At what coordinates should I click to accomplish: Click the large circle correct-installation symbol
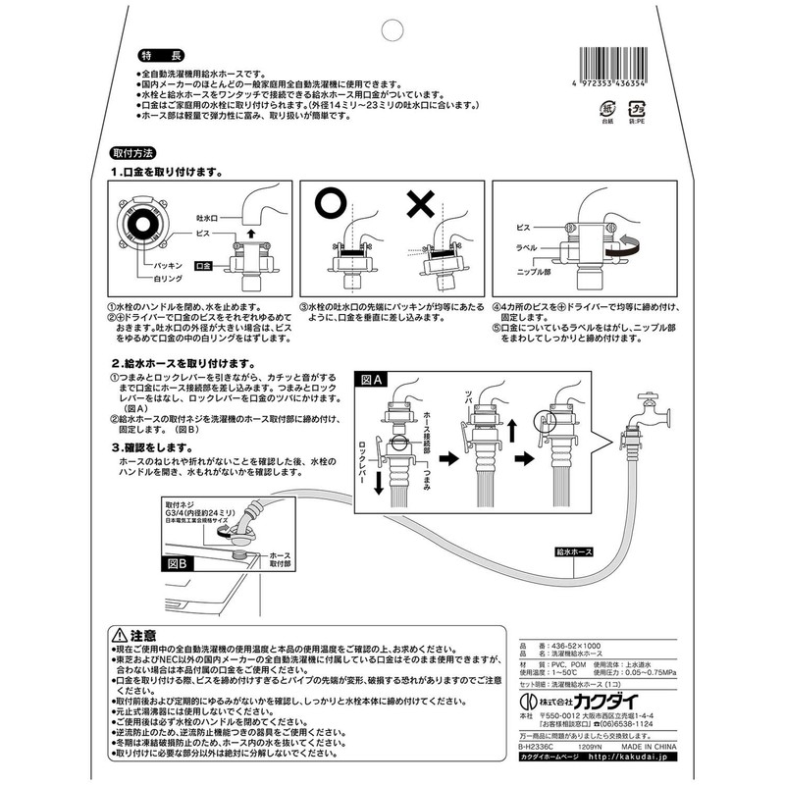[331, 208]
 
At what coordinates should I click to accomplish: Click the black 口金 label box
[205, 266]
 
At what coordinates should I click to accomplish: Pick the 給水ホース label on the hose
[571, 552]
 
